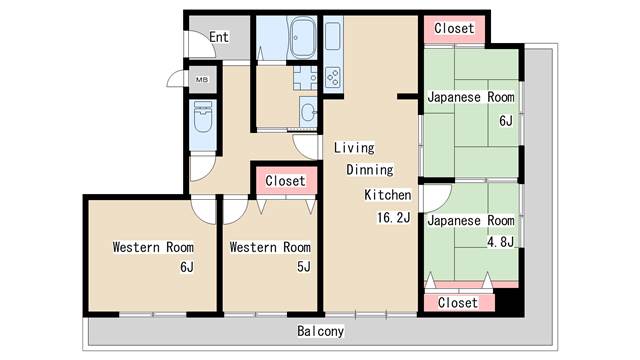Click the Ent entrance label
pyautogui.click(x=219, y=37)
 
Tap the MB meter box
pyautogui.click(x=202, y=80)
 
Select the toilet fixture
pyautogui.click(x=203, y=117)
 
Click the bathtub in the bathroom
pyautogui.click(x=302, y=38)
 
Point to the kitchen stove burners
pyautogui.click(x=333, y=78)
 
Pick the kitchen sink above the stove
pyautogui.click(x=333, y=36)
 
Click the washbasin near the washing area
pyautogui.click(x=308, y=111)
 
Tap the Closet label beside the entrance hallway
pyautogui.click(x=285, y=181)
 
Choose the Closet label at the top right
pyautogui.click(x=454, y=28)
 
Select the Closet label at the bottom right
pyautogui.click(x=458, y=303)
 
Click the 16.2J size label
pyautogui.click(x=393, y=218)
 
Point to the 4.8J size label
pyautogui.click(x=500, y=242)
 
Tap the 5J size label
pyautogui.click(x=304, y=267)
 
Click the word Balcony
pyautogui.click(x=320, y=331)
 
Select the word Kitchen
pyautogui.click(x=388, y=195)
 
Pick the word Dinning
pyautogui.click(x=370, y=169)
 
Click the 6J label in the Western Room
pyautogui.click(x=187, y=267)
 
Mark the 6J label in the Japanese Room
pyautogui.click(x=506, y=121)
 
